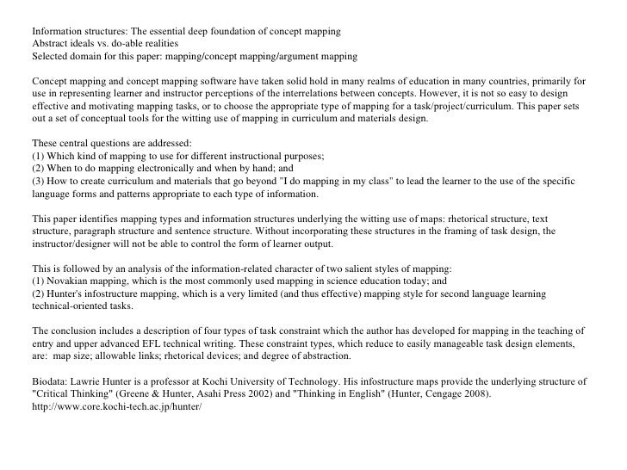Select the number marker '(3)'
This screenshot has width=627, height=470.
pyautogui.click(x=38, y=181)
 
